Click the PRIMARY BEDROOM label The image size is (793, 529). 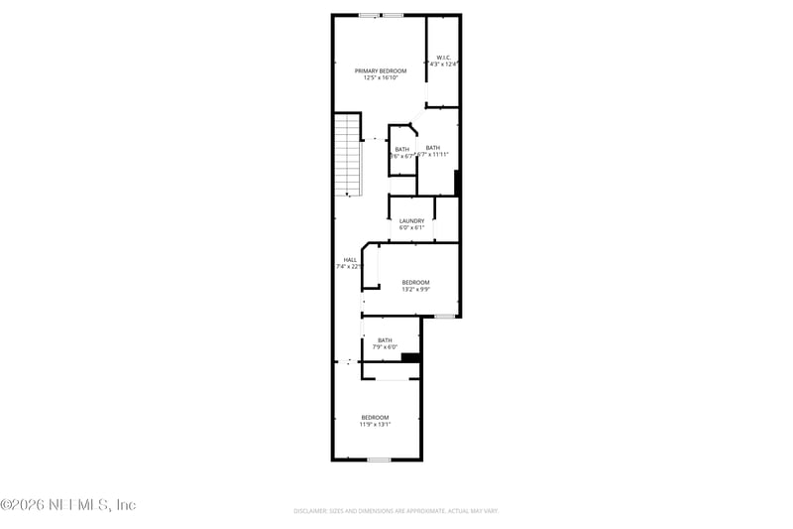[x=382, y=71]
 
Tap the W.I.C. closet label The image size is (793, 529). [x=444, y=58]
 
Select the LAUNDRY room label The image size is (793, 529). [x=412, y=220]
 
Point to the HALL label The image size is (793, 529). [x=350, y=260]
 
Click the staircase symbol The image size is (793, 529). [x=347, y=154]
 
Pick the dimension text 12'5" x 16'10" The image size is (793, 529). [x=382, y=78]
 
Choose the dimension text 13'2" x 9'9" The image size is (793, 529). [x=415, y=290]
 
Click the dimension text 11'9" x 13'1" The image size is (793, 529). [x=375, y=424]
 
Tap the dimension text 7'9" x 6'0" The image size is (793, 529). [x=385, y=347]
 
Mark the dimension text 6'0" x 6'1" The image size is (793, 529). [x=412, y=227]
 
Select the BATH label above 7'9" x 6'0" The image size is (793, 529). [x=385, y=340]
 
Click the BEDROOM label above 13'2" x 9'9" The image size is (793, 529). [x=415, y=283]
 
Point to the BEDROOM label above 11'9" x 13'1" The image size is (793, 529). [x=375, y=417]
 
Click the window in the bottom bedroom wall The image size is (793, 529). [x=379, y=460]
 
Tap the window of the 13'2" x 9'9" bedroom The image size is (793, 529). [x=444, y=317]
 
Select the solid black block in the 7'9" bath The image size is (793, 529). [x=411, y=357]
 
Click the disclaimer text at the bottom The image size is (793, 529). [x=396, y=511]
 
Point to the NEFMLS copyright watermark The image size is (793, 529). [x=67, y=505]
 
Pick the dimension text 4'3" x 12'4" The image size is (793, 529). [x=444, y=65]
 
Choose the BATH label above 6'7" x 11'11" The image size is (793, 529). [x=433, y=148]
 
